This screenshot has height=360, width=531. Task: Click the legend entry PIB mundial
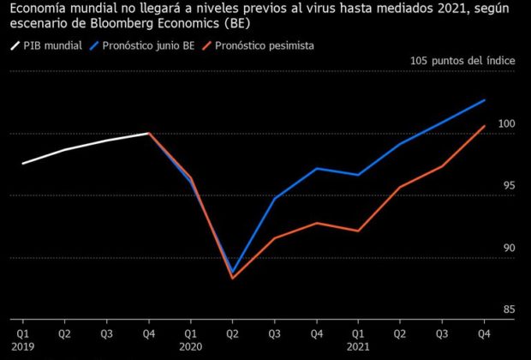pyautogui.click(x=51, y=45)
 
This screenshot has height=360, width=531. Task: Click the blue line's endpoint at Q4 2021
pyautogui.click(x=485, y=100)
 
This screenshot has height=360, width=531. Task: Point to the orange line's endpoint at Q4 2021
pyautogui.click(x=485, y=126)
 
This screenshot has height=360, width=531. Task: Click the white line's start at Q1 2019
pyautogui.click(x=23, y=164)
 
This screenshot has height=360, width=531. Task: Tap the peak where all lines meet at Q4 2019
pyautogui.click(x=149, y=133)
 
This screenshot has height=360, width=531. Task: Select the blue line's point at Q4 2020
pyautogui.click(x=316, y=168)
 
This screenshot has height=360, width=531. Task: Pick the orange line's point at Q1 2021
pyautogui.click(x=358, y=231)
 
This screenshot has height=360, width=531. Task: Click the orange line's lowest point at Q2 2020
pyautogui.click(x=233, y=279)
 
